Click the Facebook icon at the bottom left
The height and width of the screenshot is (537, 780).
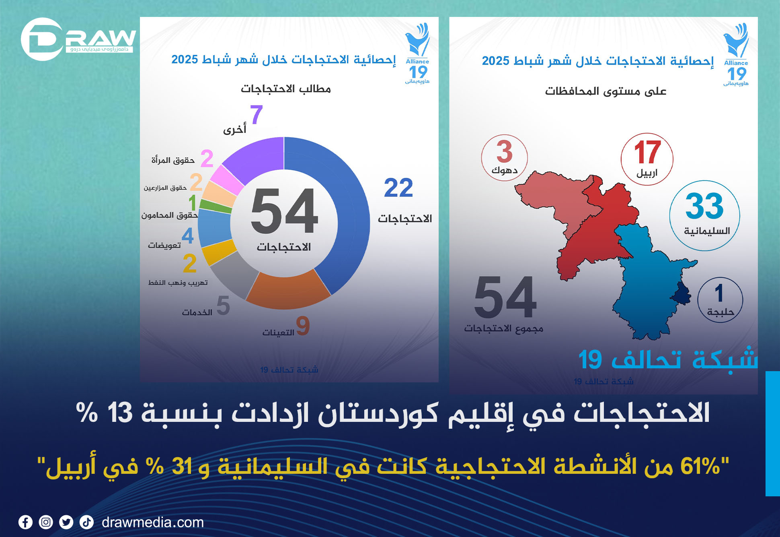click(25, 523)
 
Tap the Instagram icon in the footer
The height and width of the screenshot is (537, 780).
click(46, 523)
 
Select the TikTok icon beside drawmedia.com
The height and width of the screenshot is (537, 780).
click(86, 523)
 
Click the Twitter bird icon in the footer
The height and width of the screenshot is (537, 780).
click(66, 523)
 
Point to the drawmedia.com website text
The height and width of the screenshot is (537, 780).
click(153, 523)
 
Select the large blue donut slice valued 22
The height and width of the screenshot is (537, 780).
click(342, 209)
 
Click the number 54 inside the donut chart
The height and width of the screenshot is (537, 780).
click(284, 211)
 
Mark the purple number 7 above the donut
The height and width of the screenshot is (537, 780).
click(256, 114)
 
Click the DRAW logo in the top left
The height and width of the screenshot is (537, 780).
click(78, 39)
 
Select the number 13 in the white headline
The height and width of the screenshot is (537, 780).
click(120, 413)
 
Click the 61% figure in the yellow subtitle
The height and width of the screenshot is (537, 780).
click(700, 467)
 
